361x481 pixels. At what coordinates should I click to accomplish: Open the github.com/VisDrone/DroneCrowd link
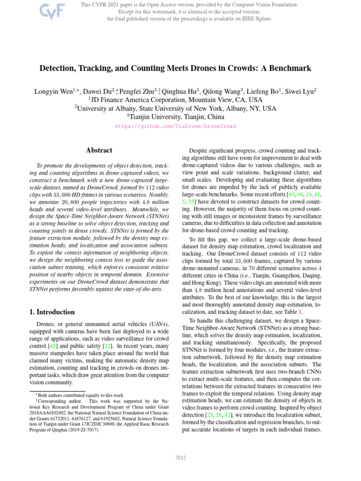(x=175, y=126)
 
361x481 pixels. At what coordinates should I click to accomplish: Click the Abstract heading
(x=99, y=150)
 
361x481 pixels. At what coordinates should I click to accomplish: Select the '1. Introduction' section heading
(x=49, y=312)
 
